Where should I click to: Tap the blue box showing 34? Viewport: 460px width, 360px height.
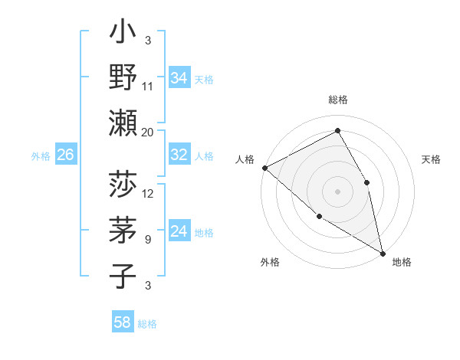[179, 78]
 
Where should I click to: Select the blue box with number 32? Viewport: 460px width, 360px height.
[179, 155]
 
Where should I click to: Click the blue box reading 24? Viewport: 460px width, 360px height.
[179, 232]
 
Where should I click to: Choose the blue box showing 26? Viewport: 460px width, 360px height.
[65, 155]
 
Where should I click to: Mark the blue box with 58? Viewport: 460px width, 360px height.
[123, 322]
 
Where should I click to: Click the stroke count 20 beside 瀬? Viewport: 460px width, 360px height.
[148, 132]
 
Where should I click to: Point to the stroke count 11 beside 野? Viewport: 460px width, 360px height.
[148, 87]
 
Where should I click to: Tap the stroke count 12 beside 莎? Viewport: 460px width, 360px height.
[148, 194]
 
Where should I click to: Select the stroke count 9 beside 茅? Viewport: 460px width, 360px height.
[148, 239]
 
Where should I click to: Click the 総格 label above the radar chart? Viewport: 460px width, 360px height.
[338, 100]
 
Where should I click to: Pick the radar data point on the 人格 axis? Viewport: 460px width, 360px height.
[264, 168]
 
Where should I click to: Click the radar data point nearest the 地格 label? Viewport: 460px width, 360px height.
[382, 252]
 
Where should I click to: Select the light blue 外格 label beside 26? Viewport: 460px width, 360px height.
[41, 156]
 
